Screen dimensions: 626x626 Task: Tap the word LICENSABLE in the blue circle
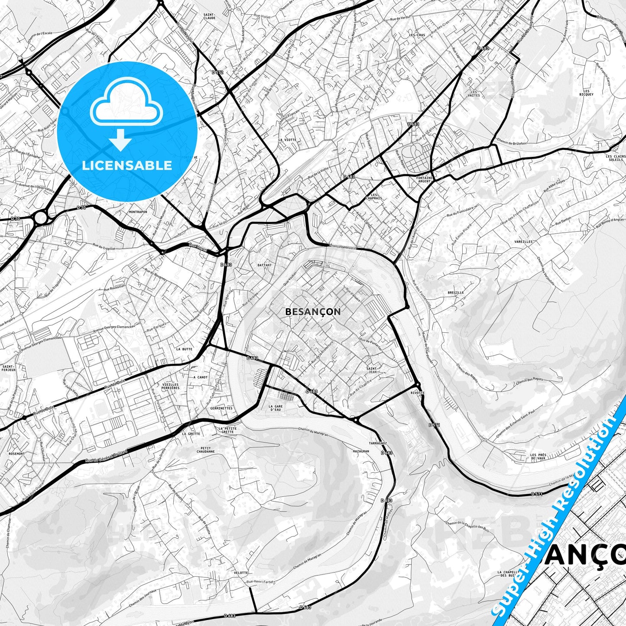pyautogui.click(x=127, y=165)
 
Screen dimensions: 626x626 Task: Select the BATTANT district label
pyautogui.click(x=264, y=265)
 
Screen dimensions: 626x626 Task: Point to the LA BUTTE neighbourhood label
pyautogui.click(x=184, y=349)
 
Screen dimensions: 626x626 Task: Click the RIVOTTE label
pyautogui.click(x=417, y=392)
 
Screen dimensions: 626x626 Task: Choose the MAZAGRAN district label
pyautogui.click(x=361, y=451)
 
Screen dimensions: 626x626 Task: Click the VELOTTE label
pyautogui.click(x=241, y=573)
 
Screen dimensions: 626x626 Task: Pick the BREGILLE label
pyautogui.click(x=456, y=292)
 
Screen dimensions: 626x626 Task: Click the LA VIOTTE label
pyautogui.click(x=287, y=140)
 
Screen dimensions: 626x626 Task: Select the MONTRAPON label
pyautogui.click(x=138, y=212)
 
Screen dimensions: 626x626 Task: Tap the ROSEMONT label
pyautogui.click(x=16, y=454)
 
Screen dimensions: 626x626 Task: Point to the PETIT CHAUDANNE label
pyautogui.click(x=205, y=450)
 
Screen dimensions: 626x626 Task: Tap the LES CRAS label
pyautogui.click(x=417, y=35)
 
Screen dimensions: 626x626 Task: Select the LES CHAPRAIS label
pyautogui.click(x=376, y=196)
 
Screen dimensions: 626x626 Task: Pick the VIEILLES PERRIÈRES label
pyautogui.click(x=171, y=386)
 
